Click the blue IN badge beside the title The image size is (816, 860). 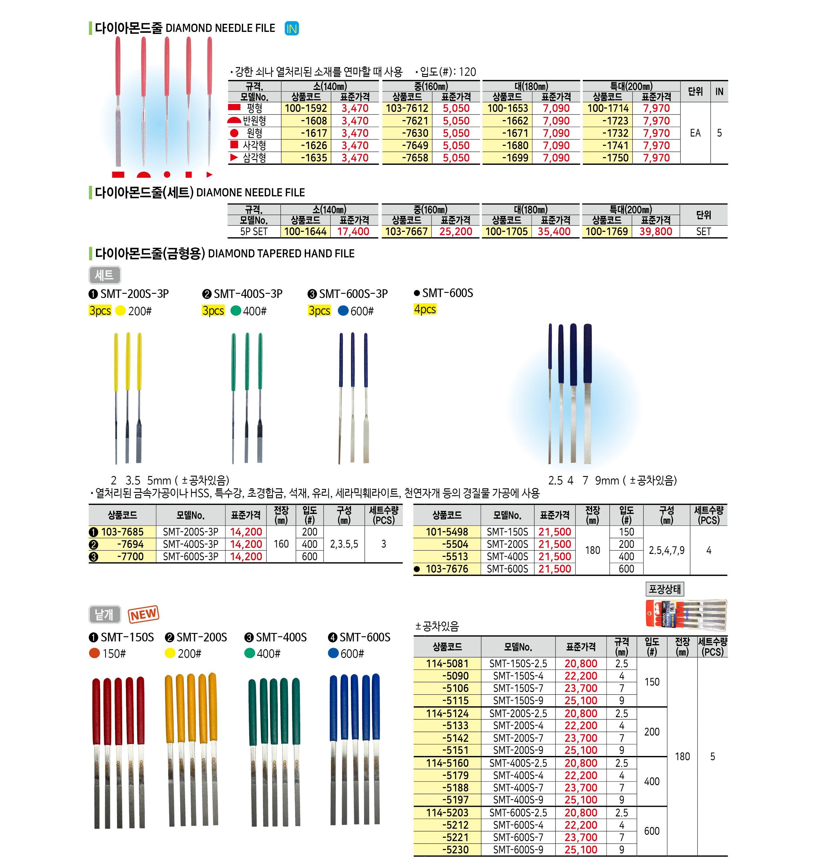292,29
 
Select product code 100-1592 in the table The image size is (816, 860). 306,108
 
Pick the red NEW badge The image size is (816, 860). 144,614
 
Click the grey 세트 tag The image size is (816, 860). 104,275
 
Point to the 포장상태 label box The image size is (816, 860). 665,589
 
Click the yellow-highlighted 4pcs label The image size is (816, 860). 425,309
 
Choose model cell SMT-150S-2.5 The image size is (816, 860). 518,663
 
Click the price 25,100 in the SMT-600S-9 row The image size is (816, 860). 581,849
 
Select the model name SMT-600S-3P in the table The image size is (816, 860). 190,557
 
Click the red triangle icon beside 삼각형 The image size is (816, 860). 234,157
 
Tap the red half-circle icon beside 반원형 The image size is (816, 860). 234,120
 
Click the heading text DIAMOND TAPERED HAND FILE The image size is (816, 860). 281,254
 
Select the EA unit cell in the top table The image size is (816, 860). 695,133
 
